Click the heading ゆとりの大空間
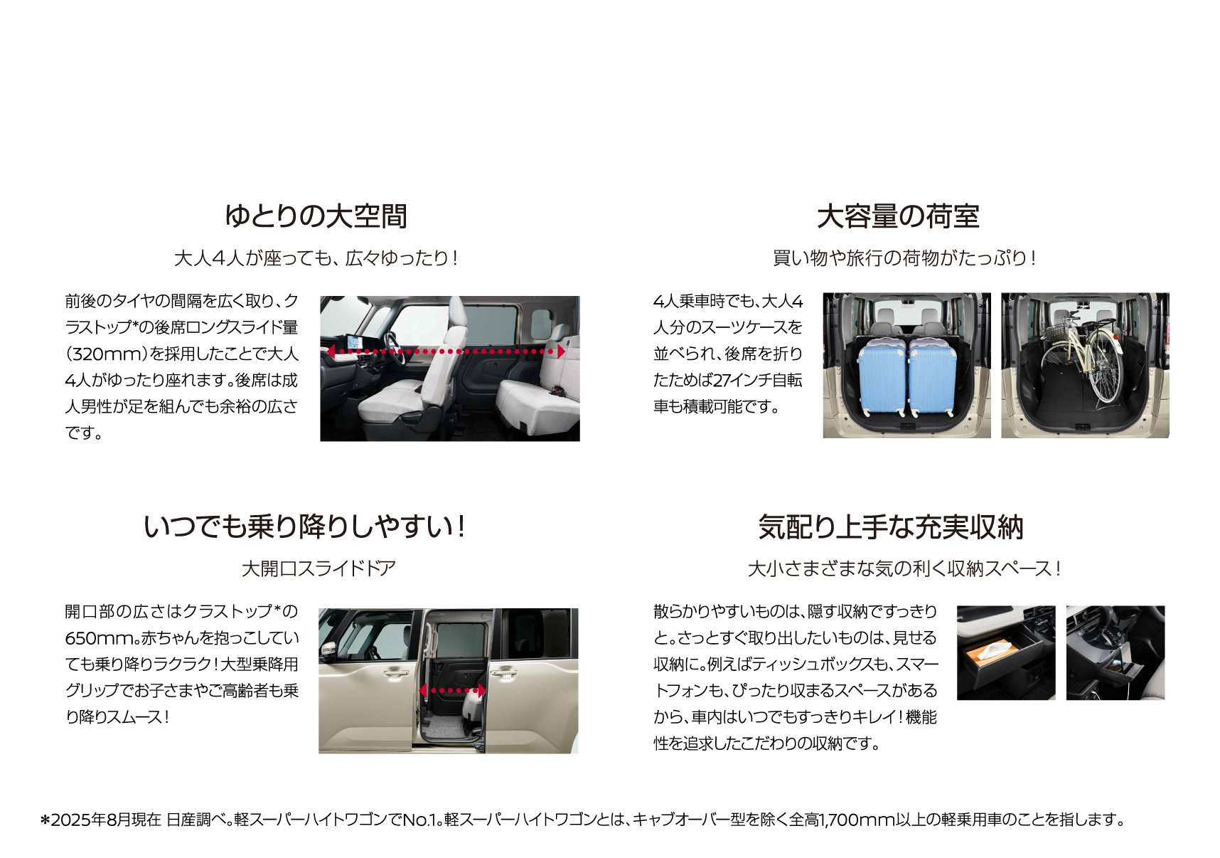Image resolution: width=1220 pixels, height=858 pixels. click(x=316, y=216)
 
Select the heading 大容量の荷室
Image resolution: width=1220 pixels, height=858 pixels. click(x=898, y=216)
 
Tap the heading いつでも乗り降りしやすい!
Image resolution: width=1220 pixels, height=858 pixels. click(x=304, y=527)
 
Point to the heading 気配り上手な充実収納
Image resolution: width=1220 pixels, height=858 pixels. click(x=891, y=527)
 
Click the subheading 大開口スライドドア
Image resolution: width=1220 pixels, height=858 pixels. click(x=319, y=568)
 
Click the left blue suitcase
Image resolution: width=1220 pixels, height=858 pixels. click(x=882, y=377)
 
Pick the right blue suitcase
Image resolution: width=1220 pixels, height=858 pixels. click(x=933, y=377)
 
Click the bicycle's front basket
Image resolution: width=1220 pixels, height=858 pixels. click(x=1057, y=331)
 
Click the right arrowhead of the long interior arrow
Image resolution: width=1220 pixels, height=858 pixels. click(x=561, y=351)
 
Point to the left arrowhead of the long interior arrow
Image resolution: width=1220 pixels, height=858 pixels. click(x=331, y=351)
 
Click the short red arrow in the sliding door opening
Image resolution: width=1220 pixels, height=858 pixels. click(x=452, y=690)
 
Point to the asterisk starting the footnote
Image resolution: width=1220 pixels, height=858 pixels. click(x=46, y=820)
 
